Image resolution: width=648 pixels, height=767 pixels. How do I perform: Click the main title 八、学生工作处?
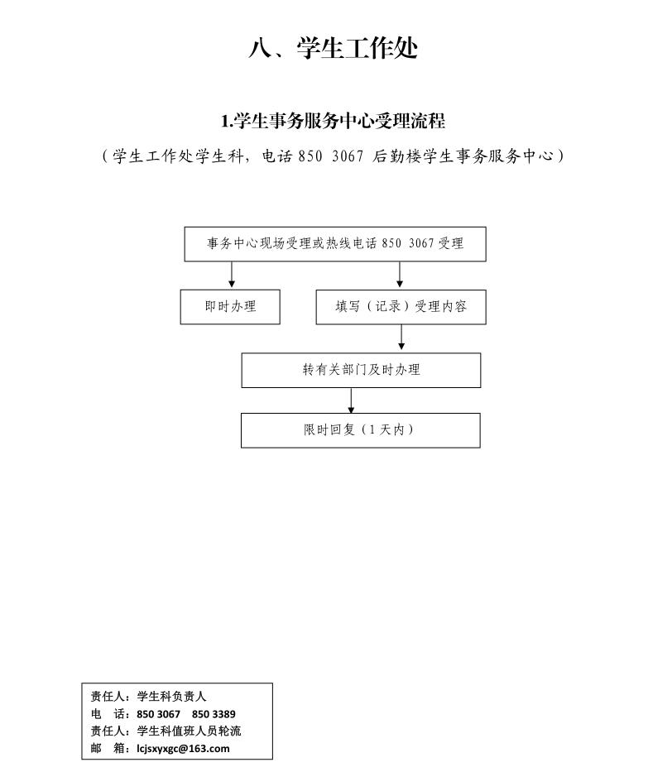(333, 49)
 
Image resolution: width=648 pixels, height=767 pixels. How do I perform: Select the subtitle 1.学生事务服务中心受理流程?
(333, 121)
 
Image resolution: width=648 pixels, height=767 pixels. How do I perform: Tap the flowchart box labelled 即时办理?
(230, 307)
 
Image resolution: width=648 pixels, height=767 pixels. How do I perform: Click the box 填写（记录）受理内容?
(401, 307)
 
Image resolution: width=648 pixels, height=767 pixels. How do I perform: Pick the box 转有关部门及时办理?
(361, 371)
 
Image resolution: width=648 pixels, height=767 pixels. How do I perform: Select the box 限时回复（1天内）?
(361, 430)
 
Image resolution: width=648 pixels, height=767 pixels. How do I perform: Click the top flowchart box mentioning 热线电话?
(335, 243)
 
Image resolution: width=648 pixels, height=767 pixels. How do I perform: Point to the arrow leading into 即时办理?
(232, 275)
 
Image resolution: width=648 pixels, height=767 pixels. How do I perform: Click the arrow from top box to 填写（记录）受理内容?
(400, 275)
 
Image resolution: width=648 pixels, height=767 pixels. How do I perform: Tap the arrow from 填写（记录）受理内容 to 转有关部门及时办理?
(401, 337)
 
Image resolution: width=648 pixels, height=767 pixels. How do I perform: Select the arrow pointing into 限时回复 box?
(351, 400)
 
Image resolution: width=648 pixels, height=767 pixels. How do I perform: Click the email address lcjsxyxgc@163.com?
(183, 749)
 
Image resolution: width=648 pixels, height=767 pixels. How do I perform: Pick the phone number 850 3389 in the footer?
(214, 714)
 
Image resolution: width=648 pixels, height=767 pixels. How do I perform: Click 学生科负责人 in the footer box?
(171, 697)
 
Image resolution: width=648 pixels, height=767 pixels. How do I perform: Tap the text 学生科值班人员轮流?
(189, 731)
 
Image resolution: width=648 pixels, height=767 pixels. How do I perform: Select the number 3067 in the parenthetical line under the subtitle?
(348, 156)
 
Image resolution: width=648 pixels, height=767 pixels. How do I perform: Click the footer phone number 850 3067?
(158, 714)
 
